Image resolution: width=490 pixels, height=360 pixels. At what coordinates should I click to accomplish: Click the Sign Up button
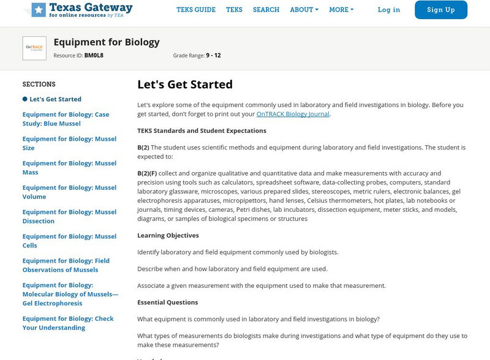tap(440, 10)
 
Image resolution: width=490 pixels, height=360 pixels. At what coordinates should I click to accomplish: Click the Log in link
tap(389, 10)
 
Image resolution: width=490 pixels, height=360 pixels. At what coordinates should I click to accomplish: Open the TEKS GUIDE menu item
tap(196, 10)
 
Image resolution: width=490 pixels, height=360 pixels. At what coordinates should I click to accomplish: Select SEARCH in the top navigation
tap(266, 10)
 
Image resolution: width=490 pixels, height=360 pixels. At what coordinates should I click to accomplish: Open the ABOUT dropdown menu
tap(304, 10)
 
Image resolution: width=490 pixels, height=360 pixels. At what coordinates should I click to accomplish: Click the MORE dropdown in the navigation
tap(341, 10)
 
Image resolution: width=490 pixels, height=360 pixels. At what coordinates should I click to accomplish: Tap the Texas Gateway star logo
tap(39, 9)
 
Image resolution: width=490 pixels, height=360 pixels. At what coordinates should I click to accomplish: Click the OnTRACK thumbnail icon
tap(34, 48)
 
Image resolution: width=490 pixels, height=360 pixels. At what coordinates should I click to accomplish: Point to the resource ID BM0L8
tap(94, 55)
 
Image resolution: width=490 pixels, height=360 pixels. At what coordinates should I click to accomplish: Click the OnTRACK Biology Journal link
tap(293, 114)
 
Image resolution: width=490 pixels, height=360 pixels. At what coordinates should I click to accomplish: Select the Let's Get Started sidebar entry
tap(55, 99)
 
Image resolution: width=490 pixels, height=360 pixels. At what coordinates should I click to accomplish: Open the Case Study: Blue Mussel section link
tap(66, 119)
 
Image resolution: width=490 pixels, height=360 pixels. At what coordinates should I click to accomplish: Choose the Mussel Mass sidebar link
tap(69, 168)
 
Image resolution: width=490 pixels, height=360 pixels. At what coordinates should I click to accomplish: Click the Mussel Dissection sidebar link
tap(69, 217)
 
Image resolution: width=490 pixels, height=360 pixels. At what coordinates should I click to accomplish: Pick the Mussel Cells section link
tap(69, 241)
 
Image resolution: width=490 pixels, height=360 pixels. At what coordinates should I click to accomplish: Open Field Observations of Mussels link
tap(66, 265)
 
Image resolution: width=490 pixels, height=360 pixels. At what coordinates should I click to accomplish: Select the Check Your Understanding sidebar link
tap(68, 323)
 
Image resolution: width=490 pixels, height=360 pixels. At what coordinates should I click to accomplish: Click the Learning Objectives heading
tap(168, 235)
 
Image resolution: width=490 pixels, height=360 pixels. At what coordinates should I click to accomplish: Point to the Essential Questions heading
tap(167, 302)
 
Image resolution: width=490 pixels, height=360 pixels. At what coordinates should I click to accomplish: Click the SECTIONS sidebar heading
tap(39, 84)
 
